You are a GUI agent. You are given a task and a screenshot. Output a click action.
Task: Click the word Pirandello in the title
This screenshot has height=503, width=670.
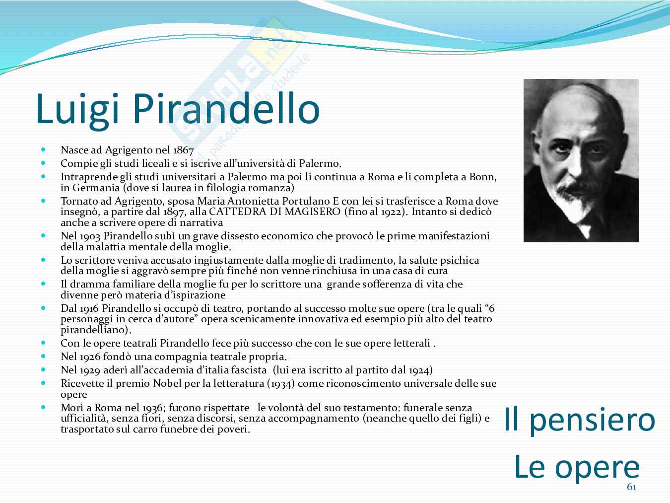pyautogui.click(x=226, y=109)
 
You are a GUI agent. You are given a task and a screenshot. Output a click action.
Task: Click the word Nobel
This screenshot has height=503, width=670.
pyautogui.click(x=167, y=383)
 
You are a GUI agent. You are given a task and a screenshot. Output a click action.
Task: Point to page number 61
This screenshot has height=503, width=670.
pyautogui.click(x=632, y=487)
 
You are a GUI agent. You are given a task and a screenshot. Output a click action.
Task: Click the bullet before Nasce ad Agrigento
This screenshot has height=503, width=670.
pyautogui.click(x=43, y=149)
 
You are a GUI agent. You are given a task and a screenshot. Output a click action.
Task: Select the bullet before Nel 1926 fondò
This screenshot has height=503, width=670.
pyautogui.click(x=43, y=356)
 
